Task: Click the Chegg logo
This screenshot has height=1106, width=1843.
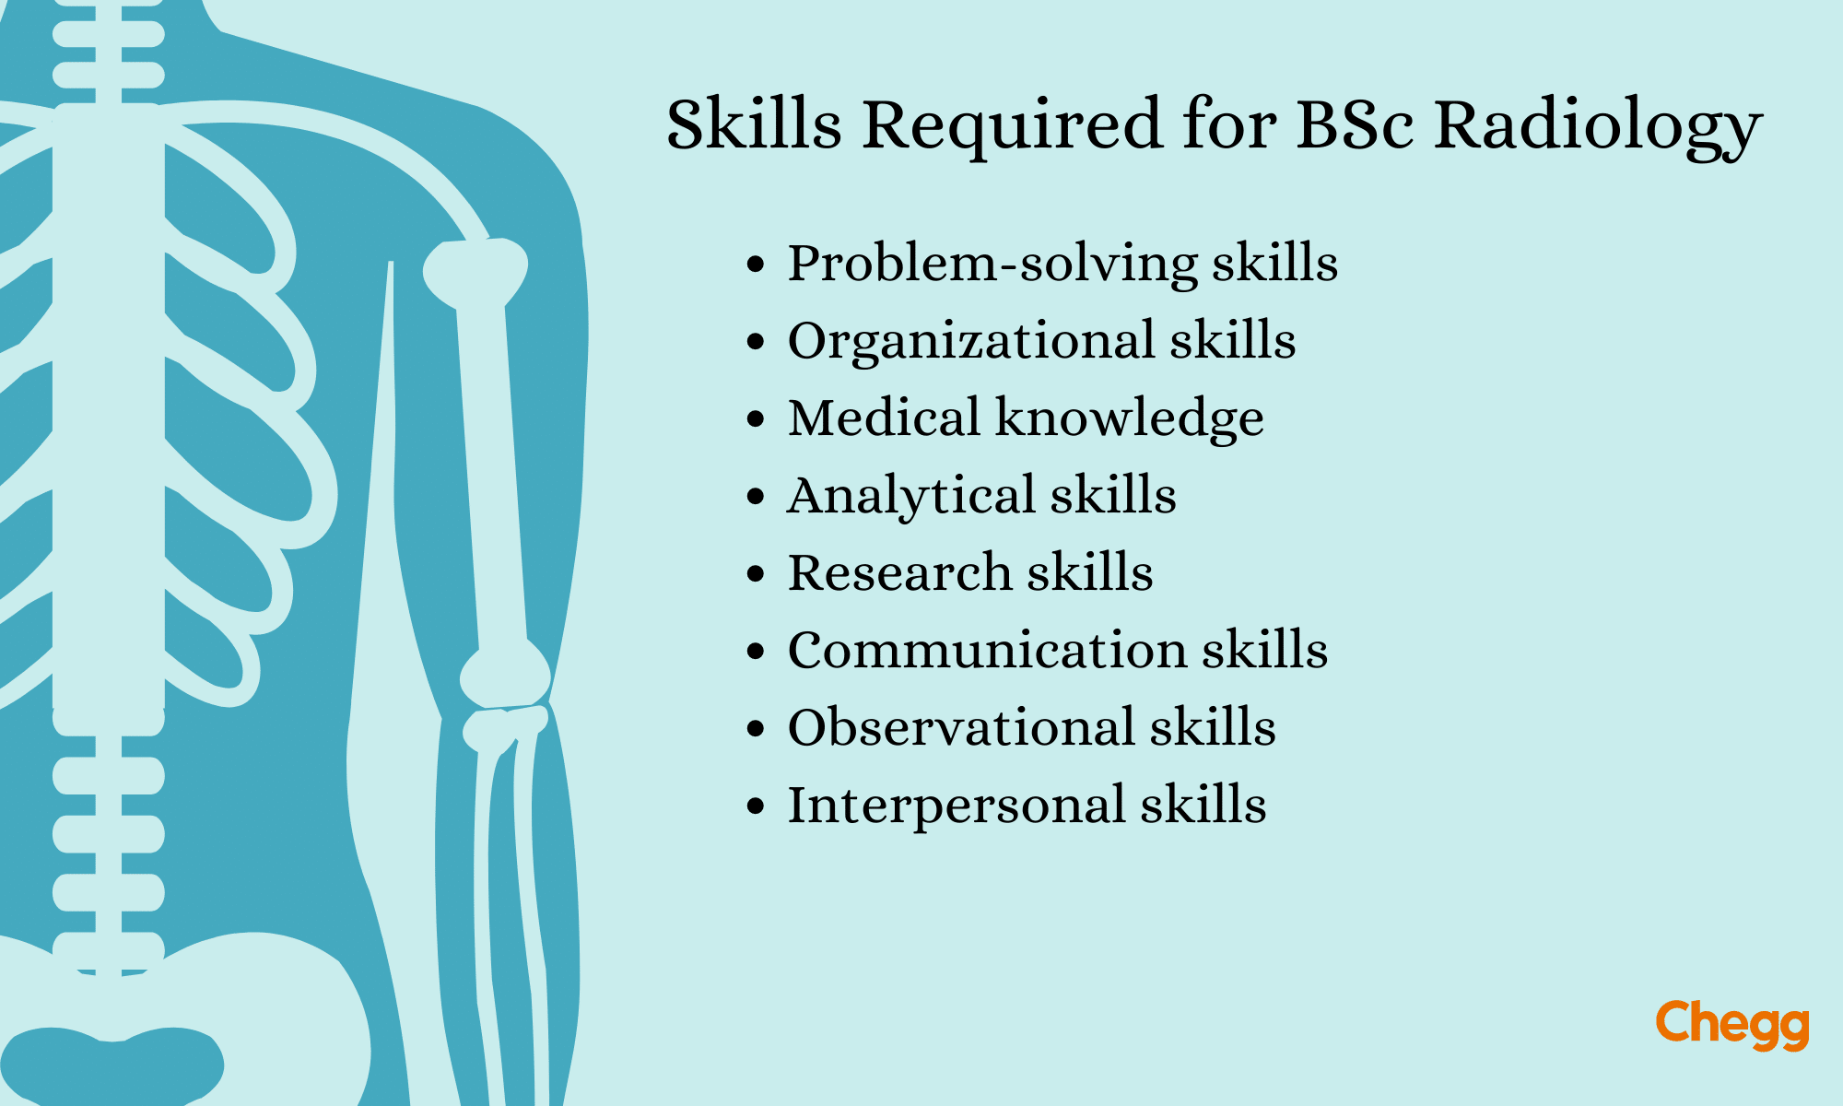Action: [1732, 1025]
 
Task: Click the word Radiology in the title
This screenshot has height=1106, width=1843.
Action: [1598, 127]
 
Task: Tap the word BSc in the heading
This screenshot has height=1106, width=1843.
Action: [1355, 124]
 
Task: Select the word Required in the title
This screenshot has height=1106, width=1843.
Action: [1012, 127]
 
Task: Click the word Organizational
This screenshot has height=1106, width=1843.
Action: [971, 342]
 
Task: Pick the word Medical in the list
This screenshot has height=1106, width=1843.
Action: [884, 418]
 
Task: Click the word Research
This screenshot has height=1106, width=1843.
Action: [899, 572]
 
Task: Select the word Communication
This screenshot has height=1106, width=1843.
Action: [987, 650]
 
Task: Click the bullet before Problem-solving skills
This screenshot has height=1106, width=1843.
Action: [756, 265]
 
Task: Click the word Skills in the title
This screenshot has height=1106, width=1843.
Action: [754, 124]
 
